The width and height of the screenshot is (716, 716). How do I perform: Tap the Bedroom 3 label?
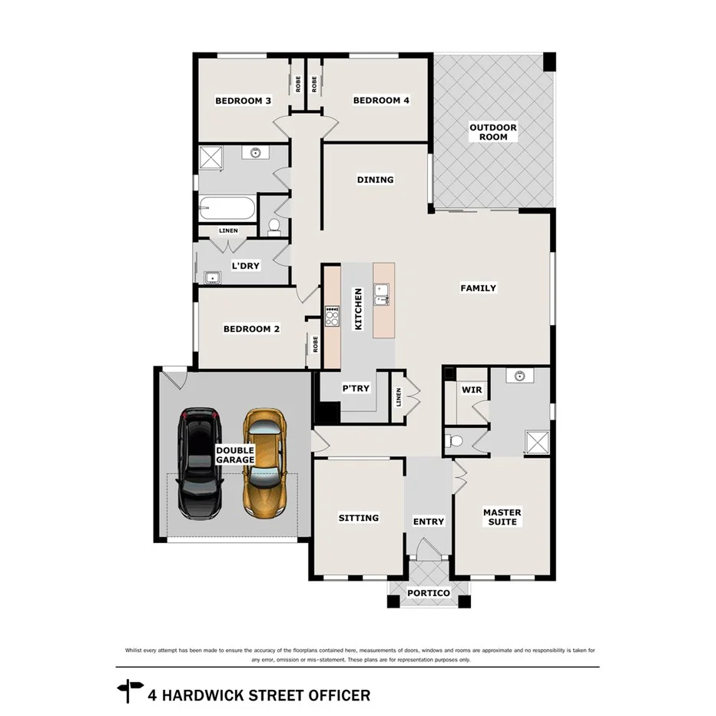click(243, 101)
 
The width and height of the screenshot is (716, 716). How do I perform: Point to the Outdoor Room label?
click(493, 132)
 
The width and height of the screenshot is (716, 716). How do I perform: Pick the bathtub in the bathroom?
click(227, 207)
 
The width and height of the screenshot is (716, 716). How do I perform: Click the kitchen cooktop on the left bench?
click(332, 317)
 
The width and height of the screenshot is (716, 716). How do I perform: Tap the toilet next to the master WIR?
click(455, 441)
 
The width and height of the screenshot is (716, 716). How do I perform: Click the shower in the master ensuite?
click(537, 441)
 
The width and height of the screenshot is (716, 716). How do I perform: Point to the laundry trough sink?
click(211, 277)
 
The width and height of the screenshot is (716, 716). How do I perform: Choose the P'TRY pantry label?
click(356, 389)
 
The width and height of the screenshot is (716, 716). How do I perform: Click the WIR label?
click(471, 390)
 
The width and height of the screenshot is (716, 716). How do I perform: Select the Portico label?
click(428, 593)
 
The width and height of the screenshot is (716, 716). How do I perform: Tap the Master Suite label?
click(502, 517)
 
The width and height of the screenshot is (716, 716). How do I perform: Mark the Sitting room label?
click(359, 518)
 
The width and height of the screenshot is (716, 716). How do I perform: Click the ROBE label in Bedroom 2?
click(315, 343)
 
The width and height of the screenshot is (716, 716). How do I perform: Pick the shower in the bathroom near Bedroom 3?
click(211, 157)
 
